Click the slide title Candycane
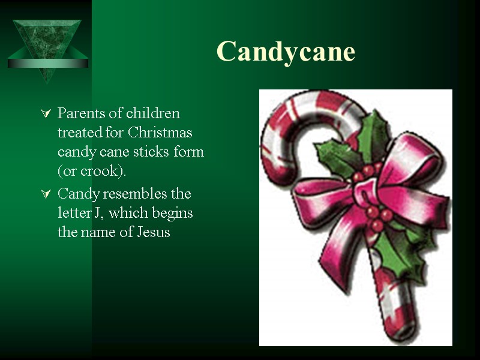coord(286,52)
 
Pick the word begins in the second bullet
coord(173,214)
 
